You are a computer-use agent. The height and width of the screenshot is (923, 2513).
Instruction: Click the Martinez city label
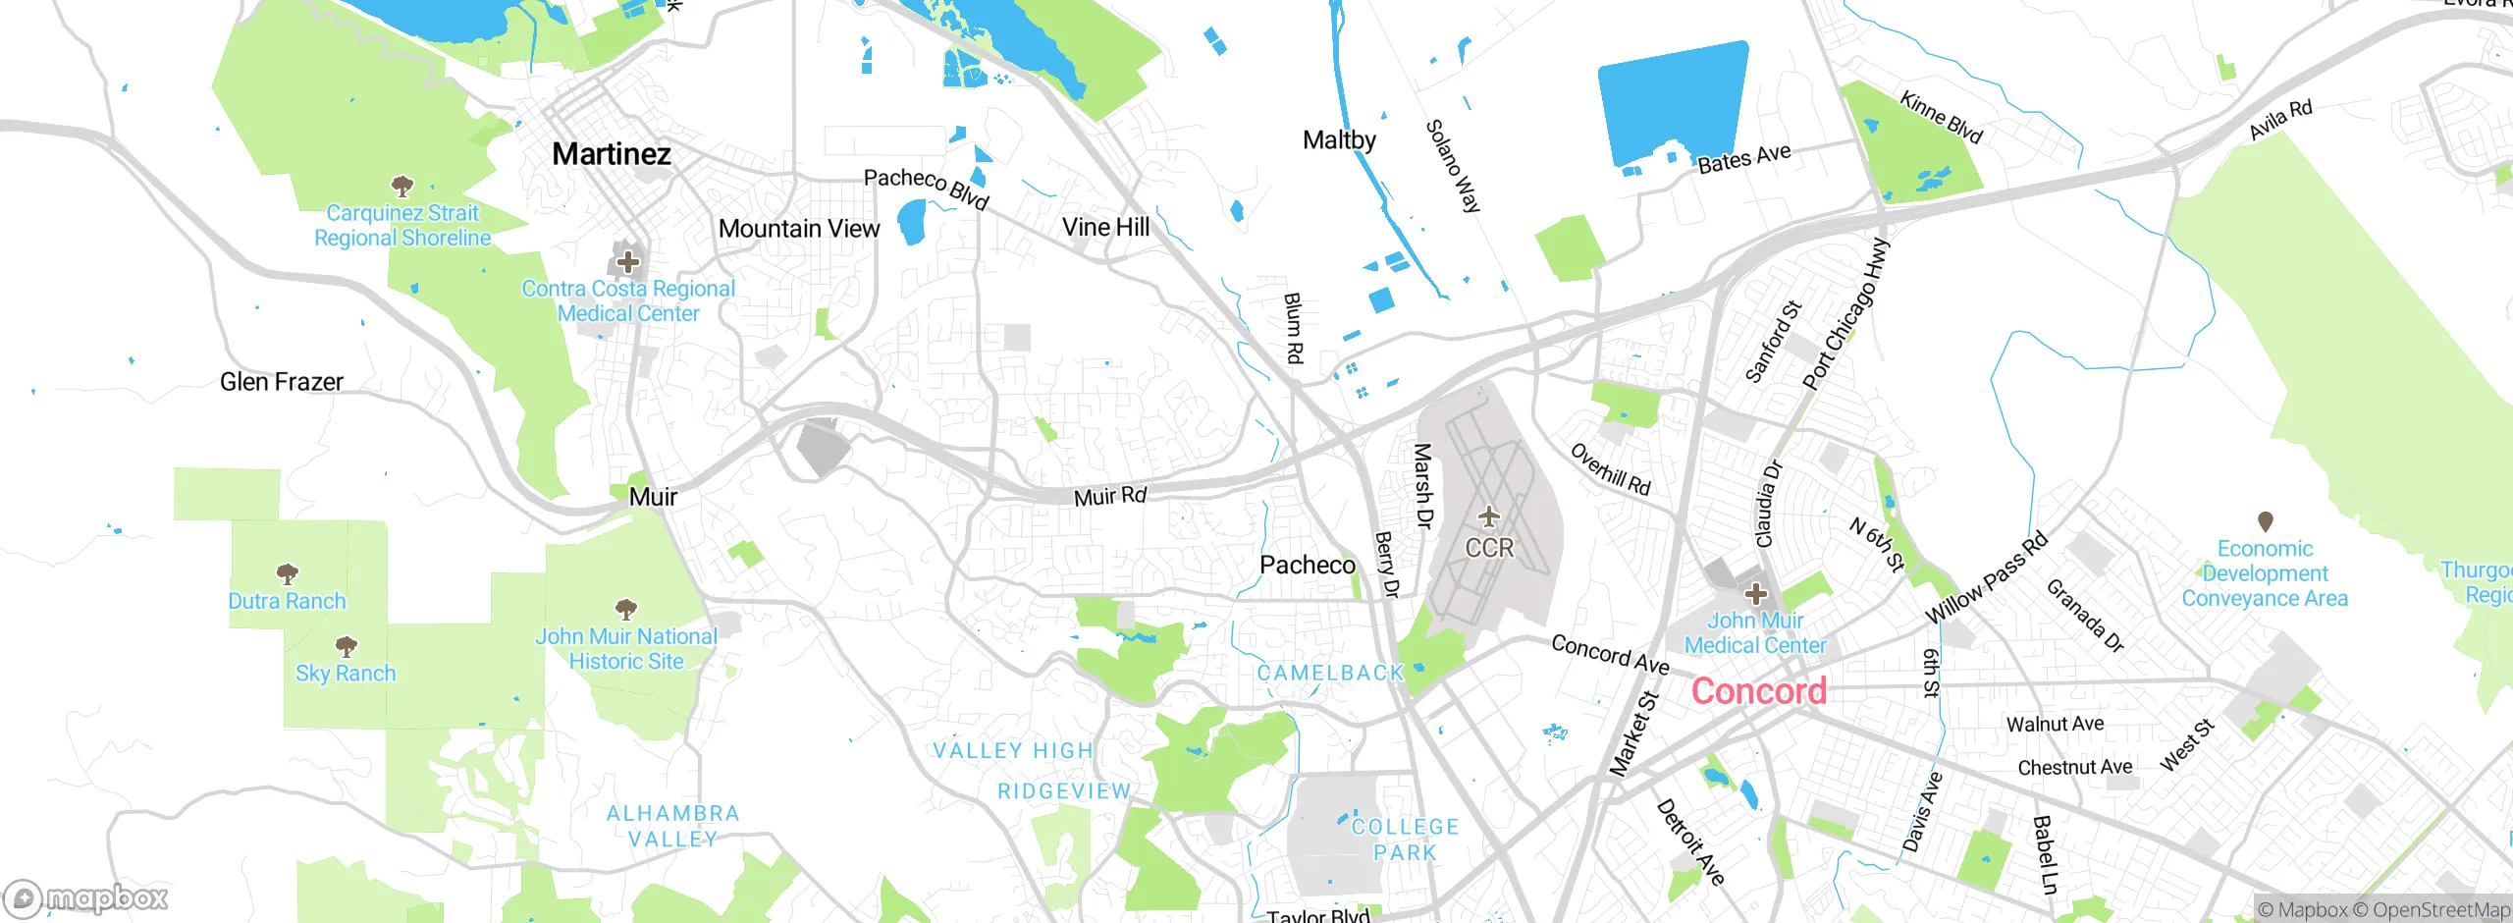(x=612, y=154)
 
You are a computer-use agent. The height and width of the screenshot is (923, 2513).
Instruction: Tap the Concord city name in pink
(x=1758, y=691)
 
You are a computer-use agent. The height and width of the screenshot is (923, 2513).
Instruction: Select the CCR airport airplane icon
(x=1489, y=516)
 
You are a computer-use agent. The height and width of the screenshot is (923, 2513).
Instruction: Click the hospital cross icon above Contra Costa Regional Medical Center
(x=628, y=262)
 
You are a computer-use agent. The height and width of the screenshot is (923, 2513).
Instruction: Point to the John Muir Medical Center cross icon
(x=1756, y=594)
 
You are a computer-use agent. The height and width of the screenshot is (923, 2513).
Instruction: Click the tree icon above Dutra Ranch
(x=287, y=573)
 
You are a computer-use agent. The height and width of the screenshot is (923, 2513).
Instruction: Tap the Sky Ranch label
(x=346, y=674)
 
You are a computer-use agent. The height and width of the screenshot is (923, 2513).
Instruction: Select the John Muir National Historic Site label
(x=626, y=649)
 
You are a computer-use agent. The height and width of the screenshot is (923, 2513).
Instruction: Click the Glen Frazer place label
(x=282, y=382)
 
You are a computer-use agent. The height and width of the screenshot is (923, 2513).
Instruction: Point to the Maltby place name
(x=1339, y=140)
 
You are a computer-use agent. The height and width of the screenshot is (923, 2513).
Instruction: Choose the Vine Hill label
(x=1105, y=228)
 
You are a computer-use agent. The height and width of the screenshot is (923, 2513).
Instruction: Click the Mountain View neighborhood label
(x=799, y=229)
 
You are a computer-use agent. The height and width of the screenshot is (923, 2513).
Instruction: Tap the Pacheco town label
(x=1308, y=566)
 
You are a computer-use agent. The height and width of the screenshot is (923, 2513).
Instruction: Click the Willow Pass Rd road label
(x=1987, y=577)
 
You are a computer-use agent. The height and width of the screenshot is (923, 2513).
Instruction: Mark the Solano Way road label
(x=1453, y=166)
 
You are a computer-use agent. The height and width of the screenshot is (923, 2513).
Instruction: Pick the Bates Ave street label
(x=1744, y=159)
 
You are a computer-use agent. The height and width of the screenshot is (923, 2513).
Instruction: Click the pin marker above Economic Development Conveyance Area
(x=2266, y=521)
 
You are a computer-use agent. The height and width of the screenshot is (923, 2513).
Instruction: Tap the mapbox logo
(x=86, y=897)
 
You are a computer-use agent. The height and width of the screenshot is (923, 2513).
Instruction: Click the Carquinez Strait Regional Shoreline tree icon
(x=401, y=186)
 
